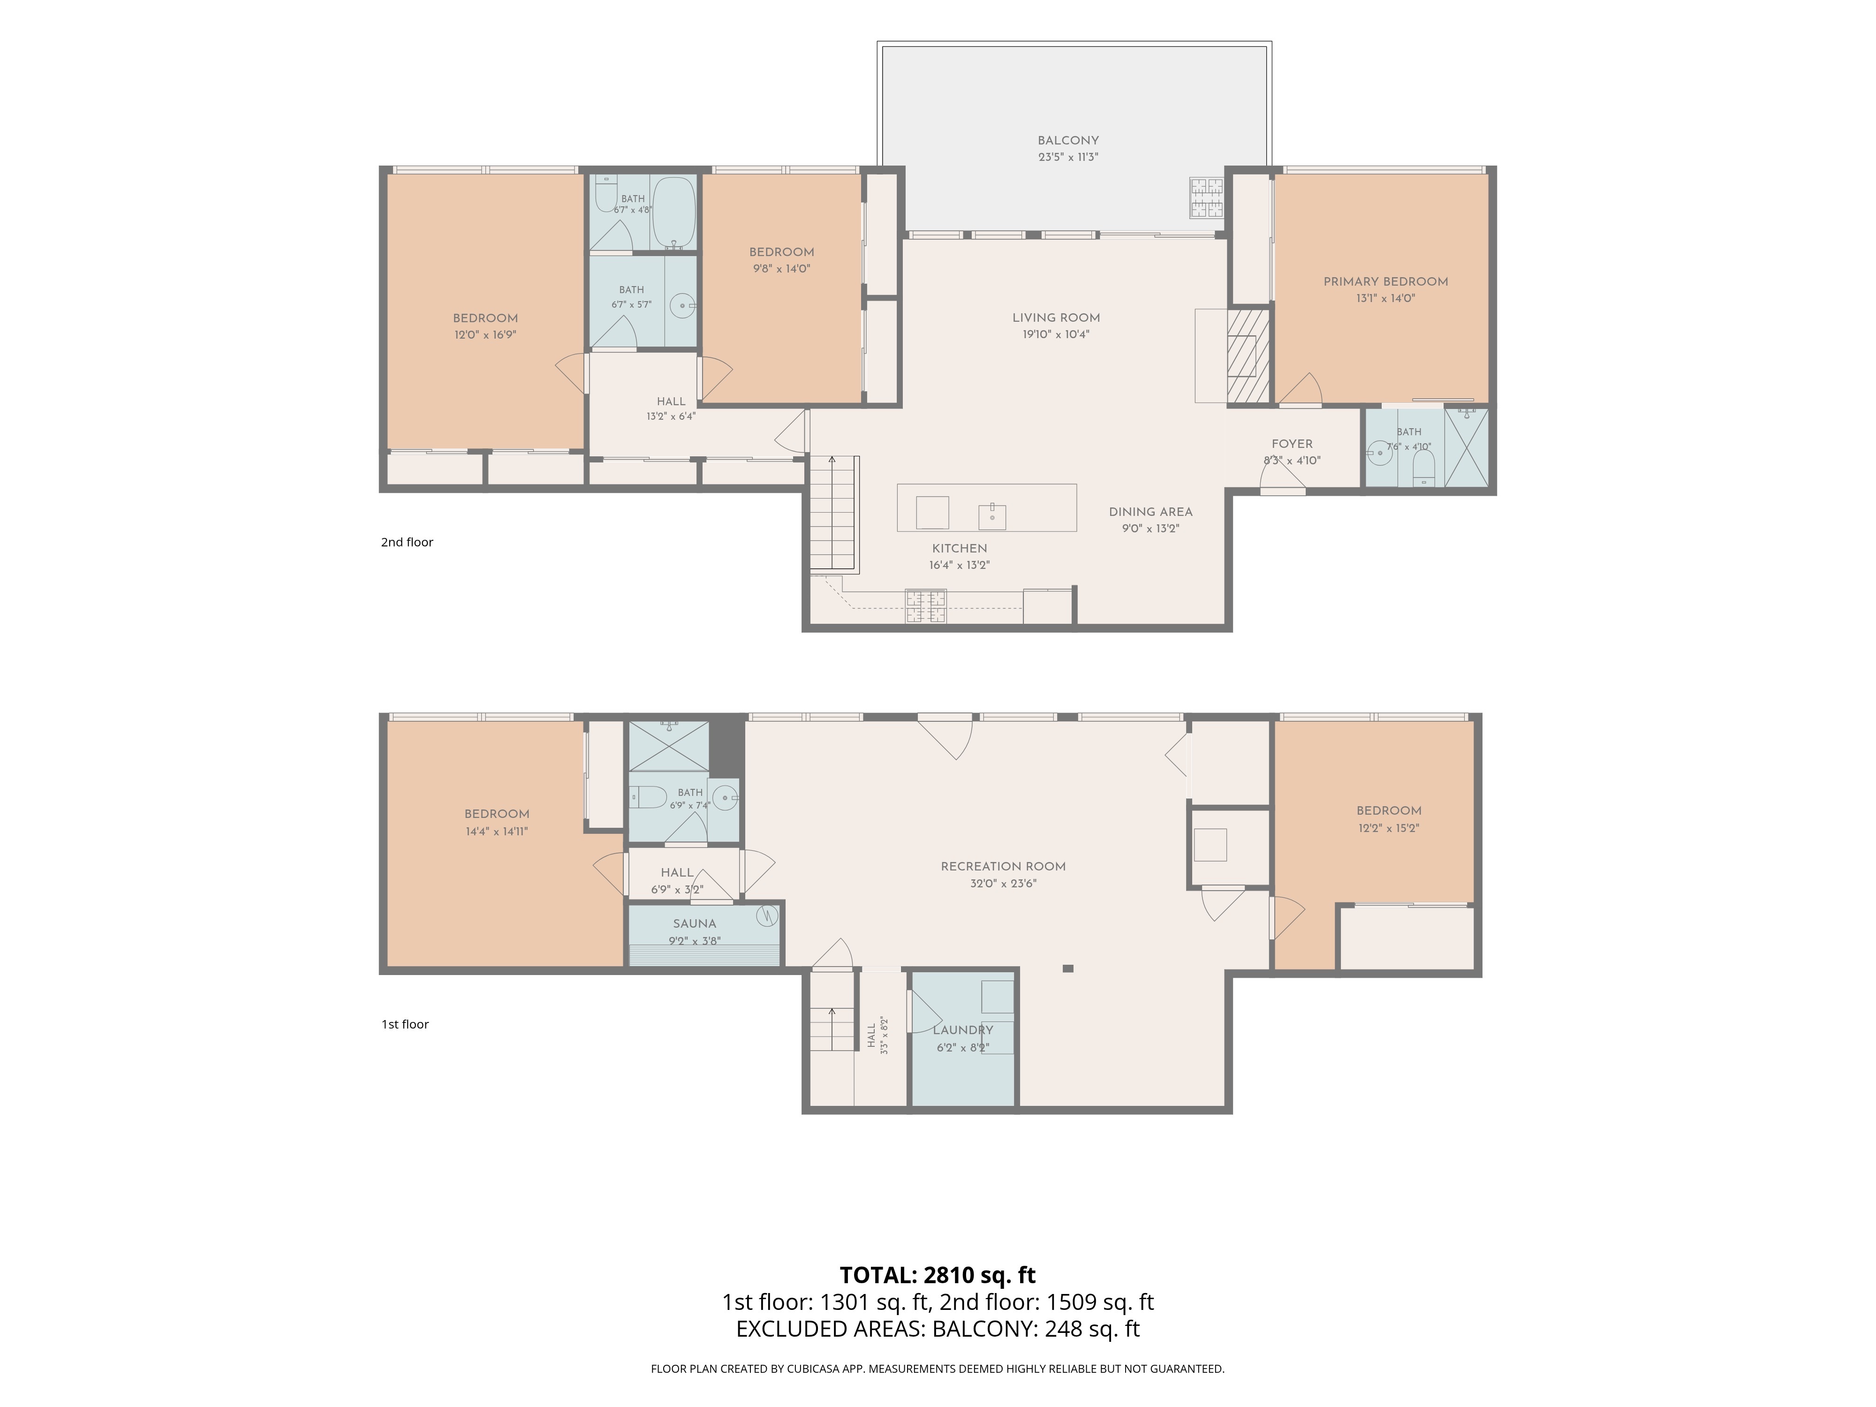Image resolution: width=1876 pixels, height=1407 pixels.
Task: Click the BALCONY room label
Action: pos(1068,141)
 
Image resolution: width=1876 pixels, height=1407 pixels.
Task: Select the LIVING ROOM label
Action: pos(1056,318)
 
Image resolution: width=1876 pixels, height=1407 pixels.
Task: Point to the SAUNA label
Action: pos(695,923)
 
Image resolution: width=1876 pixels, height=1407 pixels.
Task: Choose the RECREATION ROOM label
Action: pos(1003,867)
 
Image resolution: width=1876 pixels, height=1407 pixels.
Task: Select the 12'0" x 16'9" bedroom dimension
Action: pos(485,335)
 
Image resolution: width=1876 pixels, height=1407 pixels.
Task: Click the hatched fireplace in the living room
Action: pos(1248,356)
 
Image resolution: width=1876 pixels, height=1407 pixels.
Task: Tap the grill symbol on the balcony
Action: pos(1206,197)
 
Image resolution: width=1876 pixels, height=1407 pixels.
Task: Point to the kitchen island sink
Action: pos(992,515)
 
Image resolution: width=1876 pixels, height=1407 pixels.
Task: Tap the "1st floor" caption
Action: pos(405,1024)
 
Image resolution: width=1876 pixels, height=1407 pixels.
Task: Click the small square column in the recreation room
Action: pos(1068,968)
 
